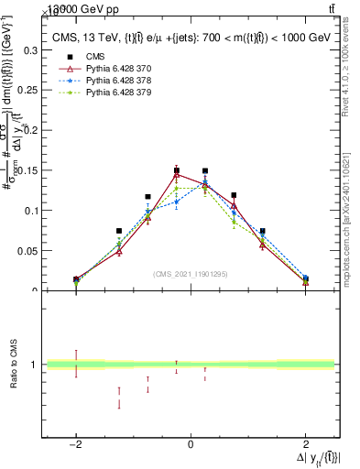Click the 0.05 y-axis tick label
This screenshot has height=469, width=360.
pos(27,250)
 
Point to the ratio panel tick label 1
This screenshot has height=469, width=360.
pos(35,365)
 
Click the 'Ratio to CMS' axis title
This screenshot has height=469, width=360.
pos(14,365)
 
